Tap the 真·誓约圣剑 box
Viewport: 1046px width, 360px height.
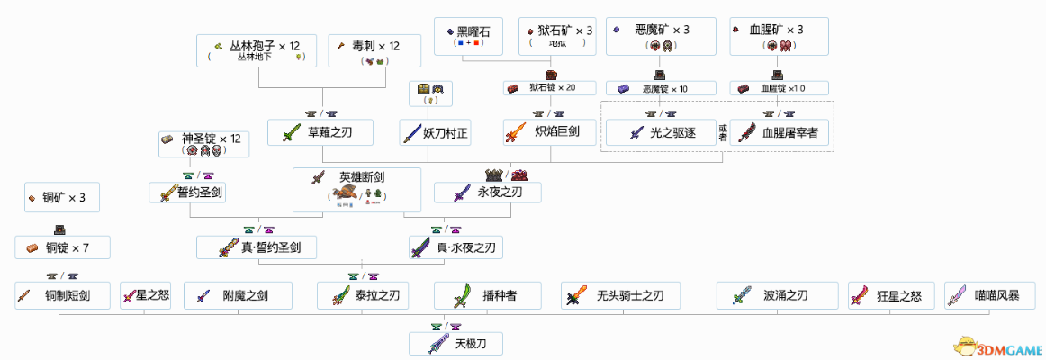[257, 247]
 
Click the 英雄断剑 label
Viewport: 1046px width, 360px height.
[357, 178]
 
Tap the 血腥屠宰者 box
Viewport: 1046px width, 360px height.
[780, 132]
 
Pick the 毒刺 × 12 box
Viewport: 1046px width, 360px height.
[370, 50]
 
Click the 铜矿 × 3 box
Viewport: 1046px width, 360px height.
[62, 197]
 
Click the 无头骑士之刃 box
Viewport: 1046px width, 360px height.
[619, 294]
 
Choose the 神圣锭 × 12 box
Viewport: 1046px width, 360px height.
[204, 144]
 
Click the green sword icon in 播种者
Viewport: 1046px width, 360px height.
[464, 294]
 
